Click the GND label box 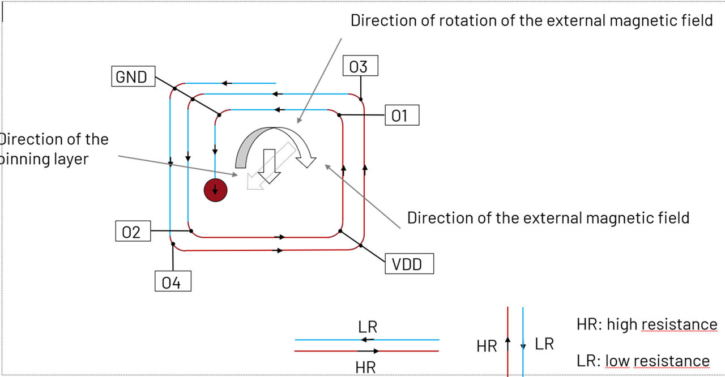[x=132, y=77]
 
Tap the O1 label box [x=400, y=115]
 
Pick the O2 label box [x=131, y=232]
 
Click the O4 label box [x=172, y=282]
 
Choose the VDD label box [x=407, y=264]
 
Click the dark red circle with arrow [x=215, y=190]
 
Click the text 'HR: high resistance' [x=646, y=324]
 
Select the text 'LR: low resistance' [x=643, y=361]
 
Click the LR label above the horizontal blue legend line [x=368, y=327]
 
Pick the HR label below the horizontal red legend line [x=366, y=367]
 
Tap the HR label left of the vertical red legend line [x=487, y=346]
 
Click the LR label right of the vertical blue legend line [x=544, y=344]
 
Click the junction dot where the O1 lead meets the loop [x=339, y=115]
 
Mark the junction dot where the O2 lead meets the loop [x=191, y=231]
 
